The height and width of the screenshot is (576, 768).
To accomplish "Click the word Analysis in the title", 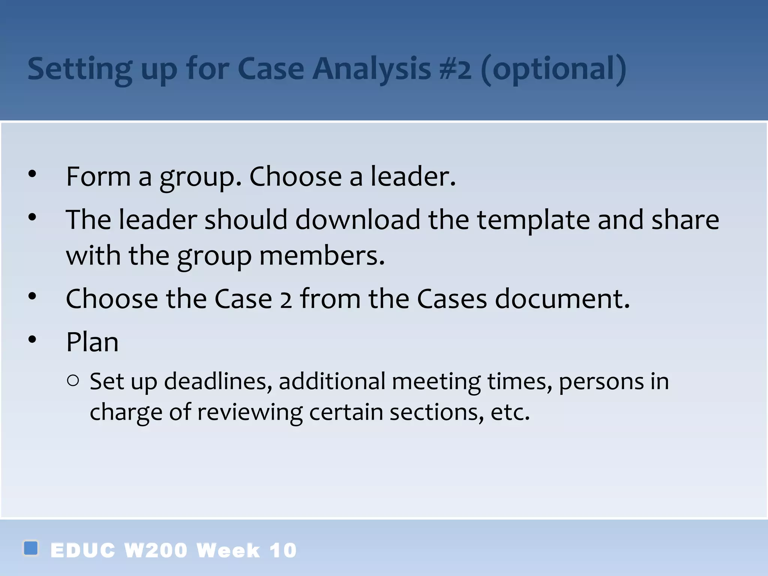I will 372,69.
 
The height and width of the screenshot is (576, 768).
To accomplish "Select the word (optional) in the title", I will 553,69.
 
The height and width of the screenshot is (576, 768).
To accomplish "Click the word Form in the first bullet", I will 98,176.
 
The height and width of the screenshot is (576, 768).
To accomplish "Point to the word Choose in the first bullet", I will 295,176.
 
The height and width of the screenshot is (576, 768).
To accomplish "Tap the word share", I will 685,220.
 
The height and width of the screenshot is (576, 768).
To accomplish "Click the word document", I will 562,299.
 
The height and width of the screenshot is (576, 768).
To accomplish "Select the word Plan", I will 92,342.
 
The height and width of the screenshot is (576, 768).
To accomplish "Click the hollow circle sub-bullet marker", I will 73,381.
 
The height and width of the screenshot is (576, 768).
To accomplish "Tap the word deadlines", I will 218,381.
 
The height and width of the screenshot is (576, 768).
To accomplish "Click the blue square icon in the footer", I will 31,548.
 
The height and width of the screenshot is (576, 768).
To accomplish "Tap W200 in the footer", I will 156,550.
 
